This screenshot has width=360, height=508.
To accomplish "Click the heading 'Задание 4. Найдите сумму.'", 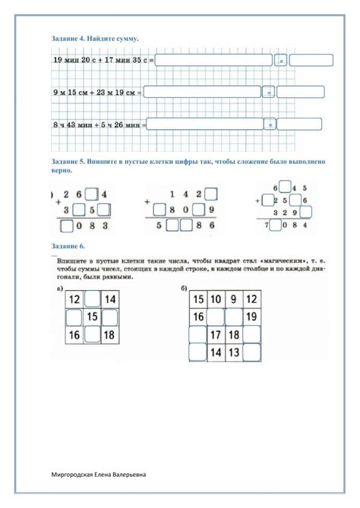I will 94,37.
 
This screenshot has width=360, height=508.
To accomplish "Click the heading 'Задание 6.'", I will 68,248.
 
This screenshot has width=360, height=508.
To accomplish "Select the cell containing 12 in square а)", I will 74,300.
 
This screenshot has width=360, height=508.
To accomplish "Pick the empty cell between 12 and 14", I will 93,300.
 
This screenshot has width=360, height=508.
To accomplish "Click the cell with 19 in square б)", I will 253,317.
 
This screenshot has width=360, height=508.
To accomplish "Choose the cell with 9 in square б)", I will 234,299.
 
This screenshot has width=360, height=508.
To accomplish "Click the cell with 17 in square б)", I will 215,334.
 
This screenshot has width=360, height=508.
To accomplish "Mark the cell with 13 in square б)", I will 234,352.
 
